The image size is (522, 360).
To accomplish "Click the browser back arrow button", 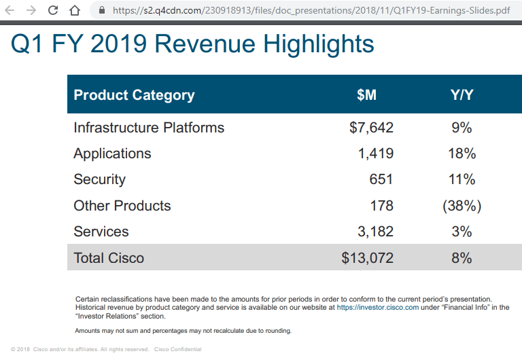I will point(11,10).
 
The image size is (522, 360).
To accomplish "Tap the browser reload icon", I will point(53,10).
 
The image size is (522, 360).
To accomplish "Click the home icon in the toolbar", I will point(75,10).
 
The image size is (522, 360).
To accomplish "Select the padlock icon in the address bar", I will point(102,10).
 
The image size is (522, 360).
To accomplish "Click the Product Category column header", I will point(134,95).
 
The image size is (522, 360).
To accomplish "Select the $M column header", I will point(366,95).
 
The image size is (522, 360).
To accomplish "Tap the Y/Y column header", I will point(462,95).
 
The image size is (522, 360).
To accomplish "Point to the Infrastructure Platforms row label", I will point(149,128).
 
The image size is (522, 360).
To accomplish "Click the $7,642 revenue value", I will point(371,128).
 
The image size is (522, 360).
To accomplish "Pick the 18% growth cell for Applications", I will point(462,154).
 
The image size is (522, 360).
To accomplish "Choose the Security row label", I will point(99,179).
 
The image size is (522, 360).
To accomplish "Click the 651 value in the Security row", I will point(381,179).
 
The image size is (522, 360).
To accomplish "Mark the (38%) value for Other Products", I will point(462,206).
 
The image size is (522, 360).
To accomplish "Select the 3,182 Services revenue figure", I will point(375,232).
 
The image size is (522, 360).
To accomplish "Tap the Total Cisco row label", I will point(109,258).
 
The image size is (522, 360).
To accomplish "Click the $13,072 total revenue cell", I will point(368,258).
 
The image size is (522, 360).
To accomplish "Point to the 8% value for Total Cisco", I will point(462,258).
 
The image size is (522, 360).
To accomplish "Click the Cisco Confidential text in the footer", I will point(178,350).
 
